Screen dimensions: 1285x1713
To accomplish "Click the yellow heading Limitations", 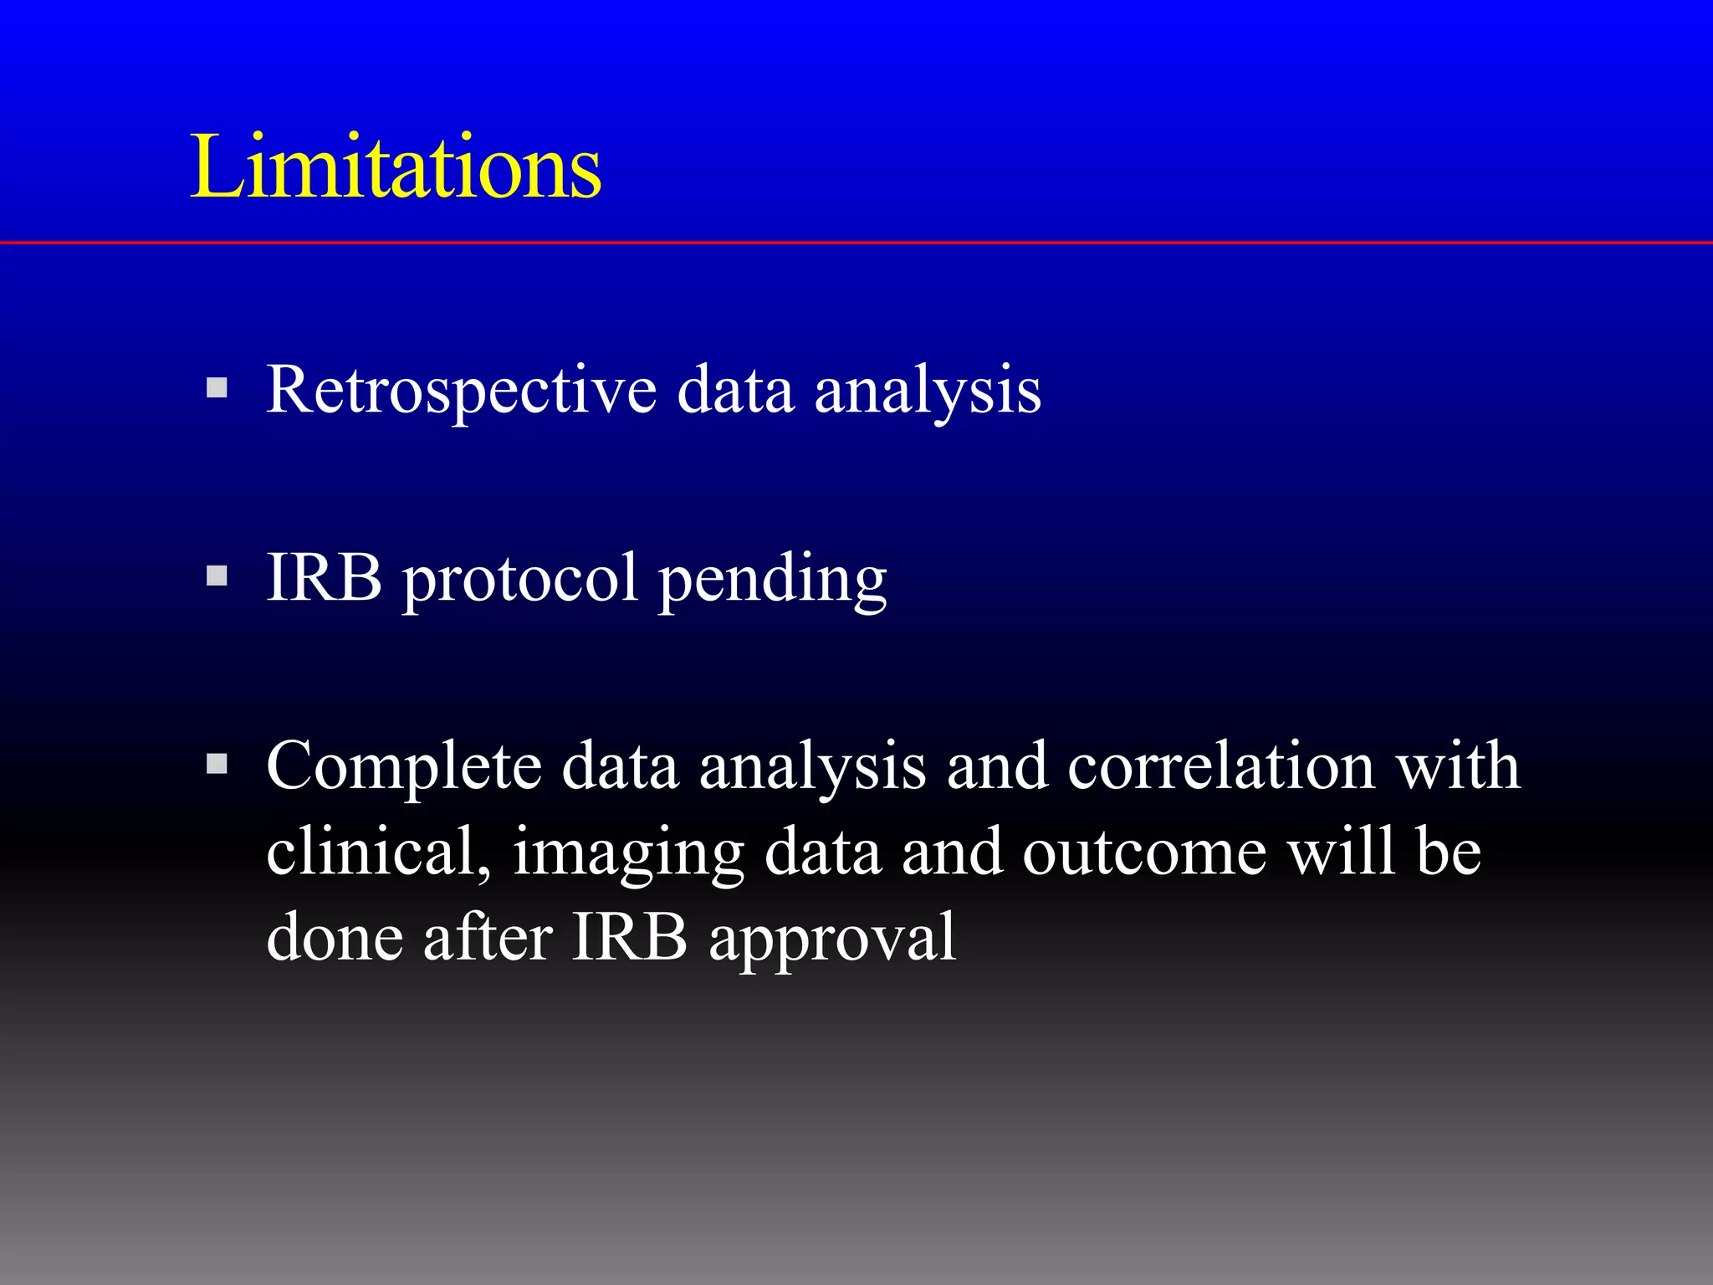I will tap(396, 166).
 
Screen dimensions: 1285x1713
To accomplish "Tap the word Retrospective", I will tap(461, 390).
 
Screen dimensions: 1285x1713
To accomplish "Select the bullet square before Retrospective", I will tap(217, 387).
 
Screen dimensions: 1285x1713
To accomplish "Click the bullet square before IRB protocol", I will tap(217, 576).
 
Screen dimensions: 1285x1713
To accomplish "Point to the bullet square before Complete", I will tap(217, 763).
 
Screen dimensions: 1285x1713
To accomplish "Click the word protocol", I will tap(521, 580).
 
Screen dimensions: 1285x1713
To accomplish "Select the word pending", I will tap(772, 580).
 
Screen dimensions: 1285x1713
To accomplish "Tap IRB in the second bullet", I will tap(325, 576).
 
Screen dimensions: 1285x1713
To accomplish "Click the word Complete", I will tap(404, 766).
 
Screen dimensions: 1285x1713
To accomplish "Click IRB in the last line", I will tap(629, 937).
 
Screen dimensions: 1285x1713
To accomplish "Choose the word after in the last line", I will tap(488, 937).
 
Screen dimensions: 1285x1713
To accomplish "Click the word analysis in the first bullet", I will tap(928, 392).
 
